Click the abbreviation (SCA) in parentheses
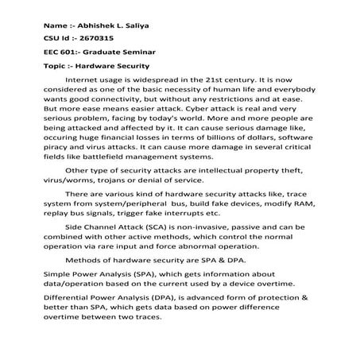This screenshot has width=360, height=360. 168,248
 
